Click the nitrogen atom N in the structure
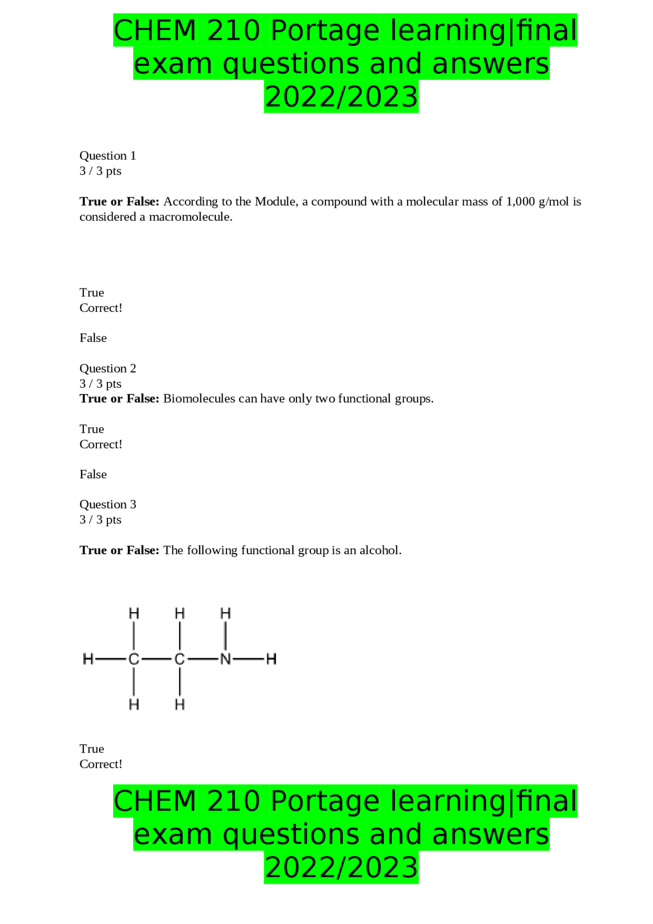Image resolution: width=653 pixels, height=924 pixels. [x=225, y=659]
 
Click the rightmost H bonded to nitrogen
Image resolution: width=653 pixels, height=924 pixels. [x=271, y=659]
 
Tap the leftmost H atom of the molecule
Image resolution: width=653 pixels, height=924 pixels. [x=88, y=659]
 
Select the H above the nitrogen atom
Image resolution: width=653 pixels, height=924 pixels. [x=225, y=613]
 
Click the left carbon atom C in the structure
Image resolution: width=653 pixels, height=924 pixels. [x=134, y=659]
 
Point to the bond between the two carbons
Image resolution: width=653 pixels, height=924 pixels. [x=157, y=659]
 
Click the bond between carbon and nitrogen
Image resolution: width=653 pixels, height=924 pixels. [x=203, y=659]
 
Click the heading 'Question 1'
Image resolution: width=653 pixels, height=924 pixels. [x=108, y=156]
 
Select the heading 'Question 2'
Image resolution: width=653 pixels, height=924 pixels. [x=108, y=368]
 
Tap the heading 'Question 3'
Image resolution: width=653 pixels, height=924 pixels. [x=108, y=505]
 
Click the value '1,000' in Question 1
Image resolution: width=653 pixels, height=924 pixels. [x=520, y=202]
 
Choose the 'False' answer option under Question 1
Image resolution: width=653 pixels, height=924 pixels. [x=93, y=338]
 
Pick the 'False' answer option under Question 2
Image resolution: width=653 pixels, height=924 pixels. [x=93, y=475]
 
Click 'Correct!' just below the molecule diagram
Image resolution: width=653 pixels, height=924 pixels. [x=101, y=764]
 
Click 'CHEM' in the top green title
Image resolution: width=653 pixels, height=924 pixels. [x=155, y=31]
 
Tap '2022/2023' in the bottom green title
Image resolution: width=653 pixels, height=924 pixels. [x=341, y=868]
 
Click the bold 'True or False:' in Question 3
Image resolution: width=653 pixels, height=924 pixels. [x=119, y=551]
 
